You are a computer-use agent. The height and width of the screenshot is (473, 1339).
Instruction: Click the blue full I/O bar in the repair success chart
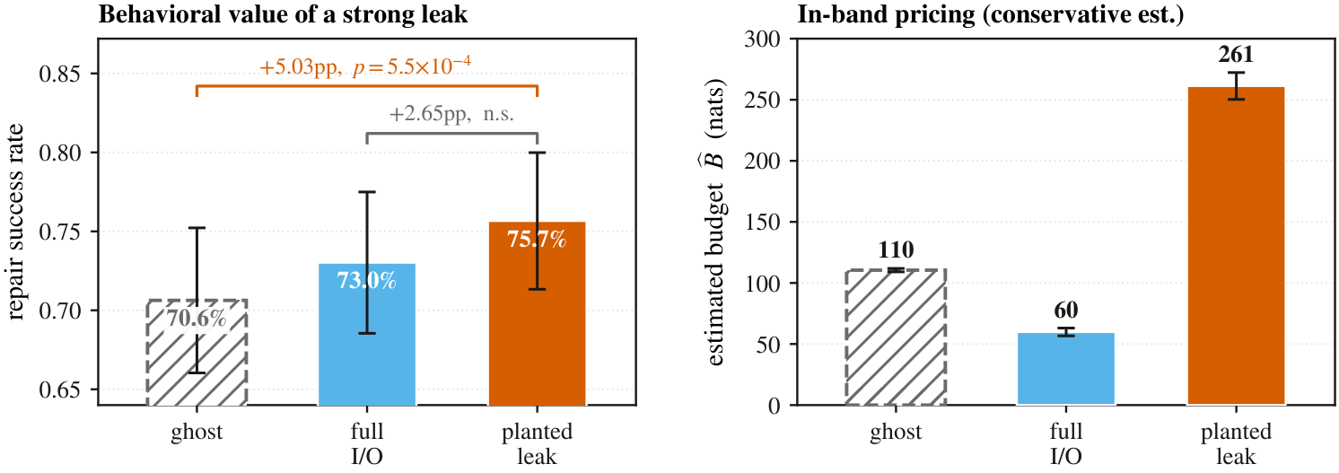point(366,334)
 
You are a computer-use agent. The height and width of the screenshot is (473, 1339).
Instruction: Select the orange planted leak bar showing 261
point(1236,246)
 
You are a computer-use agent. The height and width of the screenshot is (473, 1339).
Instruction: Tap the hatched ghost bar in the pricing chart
point(896,337)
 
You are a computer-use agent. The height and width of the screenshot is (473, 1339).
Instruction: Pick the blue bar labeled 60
point(1066,369)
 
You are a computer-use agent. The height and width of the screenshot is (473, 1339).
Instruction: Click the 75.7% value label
point(537,239)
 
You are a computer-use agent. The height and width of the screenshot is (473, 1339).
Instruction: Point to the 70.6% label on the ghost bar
point(197,319)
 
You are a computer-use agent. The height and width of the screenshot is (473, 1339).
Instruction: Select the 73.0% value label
point(366,280)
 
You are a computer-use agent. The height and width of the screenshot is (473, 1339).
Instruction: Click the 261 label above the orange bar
point(1236,55)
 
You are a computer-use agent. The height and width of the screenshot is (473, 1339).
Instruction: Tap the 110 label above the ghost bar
point(896,250)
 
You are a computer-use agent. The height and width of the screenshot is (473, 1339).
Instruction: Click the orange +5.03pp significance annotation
point(365,66)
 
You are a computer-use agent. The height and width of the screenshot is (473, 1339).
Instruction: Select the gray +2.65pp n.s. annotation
point(451,114)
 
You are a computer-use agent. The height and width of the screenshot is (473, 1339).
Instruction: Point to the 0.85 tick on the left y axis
point(61,74)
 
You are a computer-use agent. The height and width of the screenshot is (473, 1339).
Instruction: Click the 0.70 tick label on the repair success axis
point(61,311)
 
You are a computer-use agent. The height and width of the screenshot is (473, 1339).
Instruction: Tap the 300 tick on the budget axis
point(762,39)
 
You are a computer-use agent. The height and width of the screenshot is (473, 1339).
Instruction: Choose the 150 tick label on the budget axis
point(762,223)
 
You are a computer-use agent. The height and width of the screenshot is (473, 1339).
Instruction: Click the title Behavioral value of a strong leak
point(283,14)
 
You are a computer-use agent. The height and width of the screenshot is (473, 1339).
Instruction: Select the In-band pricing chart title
point(991,14)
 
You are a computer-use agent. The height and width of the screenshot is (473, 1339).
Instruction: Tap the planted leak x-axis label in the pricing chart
point(1236,443)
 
